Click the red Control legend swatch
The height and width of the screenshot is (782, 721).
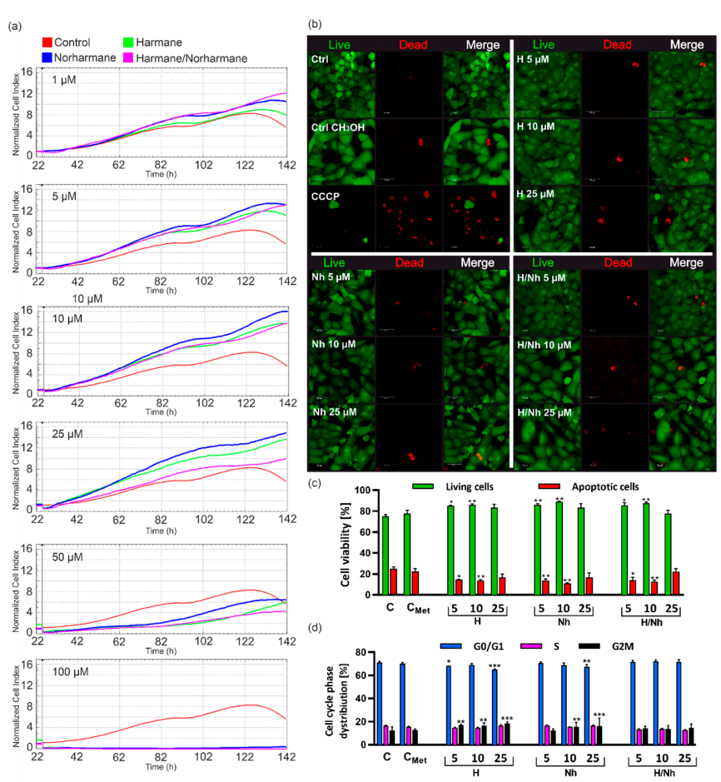[x=47, y=42]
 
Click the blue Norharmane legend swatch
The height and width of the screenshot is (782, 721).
[x=47, y=56]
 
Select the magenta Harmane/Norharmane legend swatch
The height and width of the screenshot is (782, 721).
[x=145, y=56]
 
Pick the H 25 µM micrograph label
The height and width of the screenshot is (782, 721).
[x=541, y=193]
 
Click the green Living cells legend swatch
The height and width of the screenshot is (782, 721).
[x=438, y=484]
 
